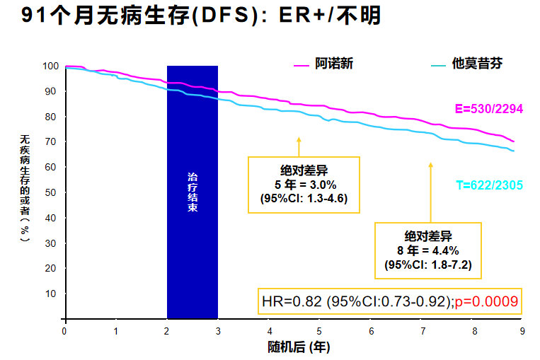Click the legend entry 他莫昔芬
(478, 64)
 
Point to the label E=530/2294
(488, 109)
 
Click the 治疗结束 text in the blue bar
(192, 192)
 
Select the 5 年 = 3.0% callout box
(304, 185)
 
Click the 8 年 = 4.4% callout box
(427, 250)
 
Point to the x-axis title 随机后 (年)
(299, 347)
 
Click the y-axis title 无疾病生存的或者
(24, 187)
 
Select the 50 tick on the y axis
(52, 192)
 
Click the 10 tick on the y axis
(52, 294)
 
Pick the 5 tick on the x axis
(319, 331)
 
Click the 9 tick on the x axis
(522, 331)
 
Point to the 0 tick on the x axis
(64, 331)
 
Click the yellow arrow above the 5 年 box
(299, 146)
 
